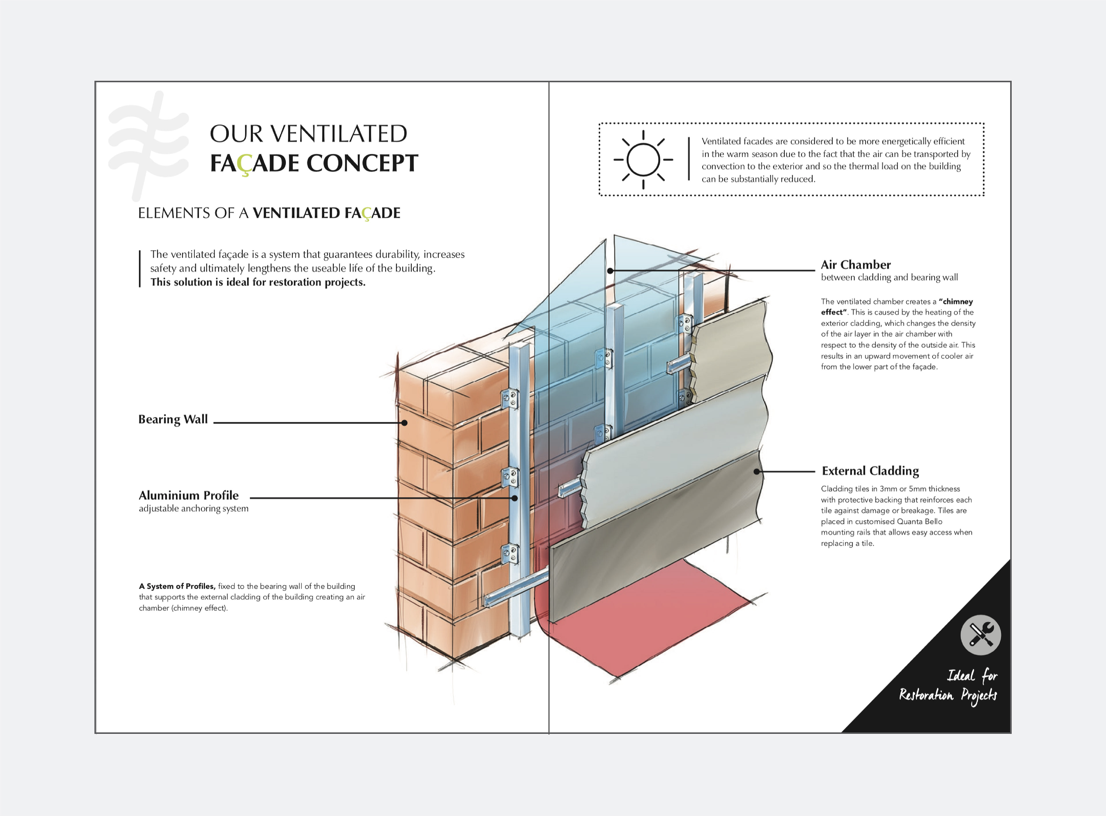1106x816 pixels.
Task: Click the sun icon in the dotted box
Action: pyautogui.click(x=643, y=159)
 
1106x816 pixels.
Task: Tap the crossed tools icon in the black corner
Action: pyautogui.click(x=980, y=635)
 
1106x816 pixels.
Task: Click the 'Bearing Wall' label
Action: pyautogui.click(x=173, y=419)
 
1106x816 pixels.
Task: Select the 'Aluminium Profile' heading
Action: pyautogui.click(x=188, y=495)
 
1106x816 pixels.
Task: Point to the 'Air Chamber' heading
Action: pyautogui.click(x=855, y=265)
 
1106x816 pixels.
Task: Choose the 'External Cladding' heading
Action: pyautogui.click(x=870, y=471)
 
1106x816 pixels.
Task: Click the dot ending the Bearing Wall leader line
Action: pyautogui.click(x=404, y=423)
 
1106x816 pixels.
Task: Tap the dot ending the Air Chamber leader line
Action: pyautogui.click(x=610, y=271)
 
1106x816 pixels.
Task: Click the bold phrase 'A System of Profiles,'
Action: pyautogui.click(x=177, y=586)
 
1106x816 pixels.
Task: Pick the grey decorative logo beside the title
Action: pyautogui.click(x=147, y=145)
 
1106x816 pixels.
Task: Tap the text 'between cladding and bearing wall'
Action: pyautogui.click(x=889, y=277)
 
